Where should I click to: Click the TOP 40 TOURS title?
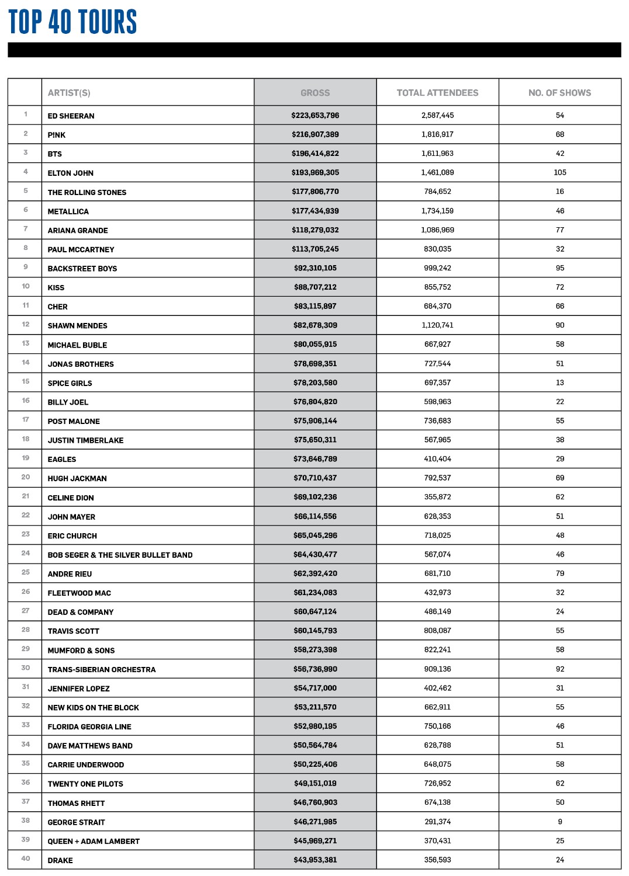[x=72, y=22]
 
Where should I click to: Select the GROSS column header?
[x=315, y=93]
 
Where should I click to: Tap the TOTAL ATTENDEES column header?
[x=437, y=93]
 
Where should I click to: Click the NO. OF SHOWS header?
[x=559, y=93]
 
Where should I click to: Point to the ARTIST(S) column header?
[x=69, y=93]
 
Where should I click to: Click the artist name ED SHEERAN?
[x=71, y=116]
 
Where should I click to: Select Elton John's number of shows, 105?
[x=560, y=172]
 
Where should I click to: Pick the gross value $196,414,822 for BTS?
[x=315, y=154]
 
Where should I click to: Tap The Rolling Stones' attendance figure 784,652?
[x=437, y=192]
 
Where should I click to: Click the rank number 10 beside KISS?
[x=26, y=286]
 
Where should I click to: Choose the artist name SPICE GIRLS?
[x=70, y=383]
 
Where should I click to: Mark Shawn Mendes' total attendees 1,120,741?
[x=437, y=325]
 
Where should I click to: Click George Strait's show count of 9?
[x=560, y=822]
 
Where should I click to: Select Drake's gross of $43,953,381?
[x=315, y=860]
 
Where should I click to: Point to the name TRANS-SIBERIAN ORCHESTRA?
[x=102, y=669]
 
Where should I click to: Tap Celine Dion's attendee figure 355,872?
[x=437, y=497]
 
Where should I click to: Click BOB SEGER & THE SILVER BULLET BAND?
[x=120, y=555]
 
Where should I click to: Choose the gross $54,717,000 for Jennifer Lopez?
[x=315, y=688]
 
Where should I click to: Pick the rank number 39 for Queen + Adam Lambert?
[x=26, y=839]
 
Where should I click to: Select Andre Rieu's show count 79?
[x=560, y=573]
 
